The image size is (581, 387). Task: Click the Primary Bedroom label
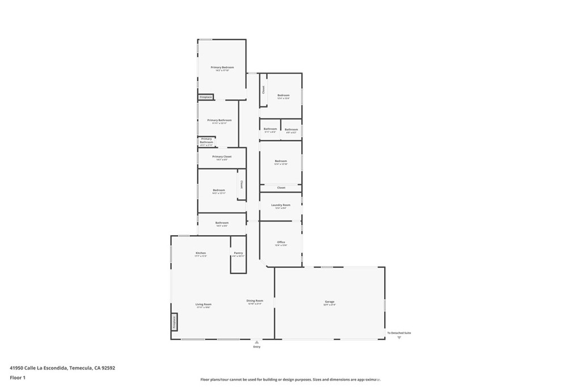[222, 67]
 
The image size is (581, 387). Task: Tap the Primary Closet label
[222, 157]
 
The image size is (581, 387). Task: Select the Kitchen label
[201, 253]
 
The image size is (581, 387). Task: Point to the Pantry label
[238, 253]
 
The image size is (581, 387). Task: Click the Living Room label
[203, 305]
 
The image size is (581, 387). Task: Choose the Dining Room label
[255, 301]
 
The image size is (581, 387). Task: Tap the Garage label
[330, 302]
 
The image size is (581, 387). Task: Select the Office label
[281, 243]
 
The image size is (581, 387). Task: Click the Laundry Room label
[281, 205]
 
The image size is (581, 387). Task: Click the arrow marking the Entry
[257, 342]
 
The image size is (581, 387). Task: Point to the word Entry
[257, 347]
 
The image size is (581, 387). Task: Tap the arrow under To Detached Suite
[399, 338]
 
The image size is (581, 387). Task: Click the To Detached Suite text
[399, 333]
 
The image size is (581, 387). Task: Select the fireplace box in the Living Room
[175, 322]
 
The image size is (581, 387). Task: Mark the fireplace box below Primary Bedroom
[205, 97]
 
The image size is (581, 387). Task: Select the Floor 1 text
[18, 377]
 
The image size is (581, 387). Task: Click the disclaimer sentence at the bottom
[290, 380]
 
